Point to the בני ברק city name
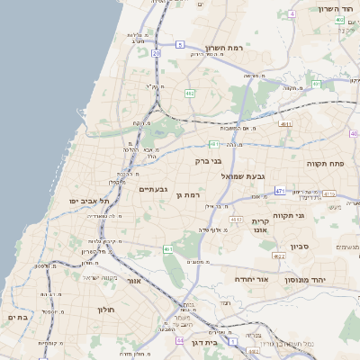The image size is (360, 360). [208, 162]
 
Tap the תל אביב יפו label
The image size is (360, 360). [90, 201]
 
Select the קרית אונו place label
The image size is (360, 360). [260, 225]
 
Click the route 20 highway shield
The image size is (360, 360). [156, 53]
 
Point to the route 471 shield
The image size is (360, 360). [280, 191]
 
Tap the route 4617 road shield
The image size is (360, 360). [236, 220]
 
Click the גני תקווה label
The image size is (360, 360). [312, 215]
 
